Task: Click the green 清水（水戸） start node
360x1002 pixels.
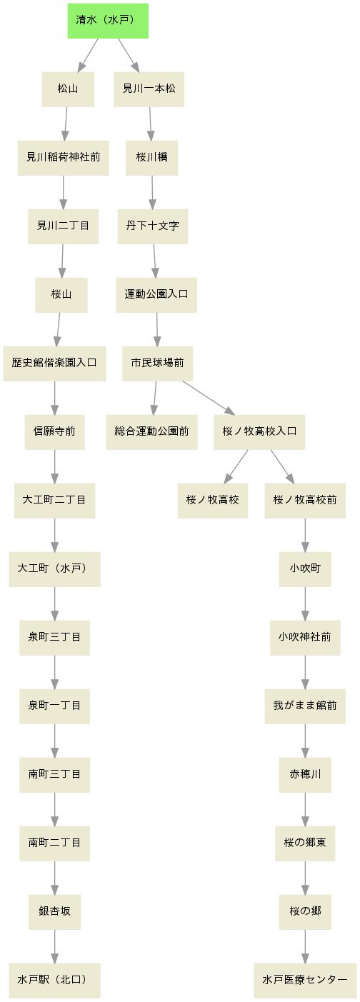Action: coord(108,21)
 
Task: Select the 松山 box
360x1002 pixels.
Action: coord(68,89)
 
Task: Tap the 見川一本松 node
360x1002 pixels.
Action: coord(149,89)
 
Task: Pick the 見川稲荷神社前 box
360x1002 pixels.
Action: coord(63,157)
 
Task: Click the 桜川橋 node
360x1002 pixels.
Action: coord(151,157)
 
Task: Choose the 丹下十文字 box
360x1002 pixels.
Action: coord(152,226)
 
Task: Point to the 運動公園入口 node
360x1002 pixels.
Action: coord(156,295)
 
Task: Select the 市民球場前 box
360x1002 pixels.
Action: coord(157,364)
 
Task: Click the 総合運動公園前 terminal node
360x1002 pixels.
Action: coord(151,431)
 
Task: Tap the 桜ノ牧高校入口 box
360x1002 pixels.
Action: coord(259,431)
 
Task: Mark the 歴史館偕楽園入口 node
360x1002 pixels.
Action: coord(54,364)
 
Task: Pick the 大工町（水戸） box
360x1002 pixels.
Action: coord(54,569)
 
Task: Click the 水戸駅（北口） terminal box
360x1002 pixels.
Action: coord(54,980)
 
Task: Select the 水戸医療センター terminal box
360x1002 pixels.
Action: coord(305,980)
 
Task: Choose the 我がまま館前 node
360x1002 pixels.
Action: coord(305,706)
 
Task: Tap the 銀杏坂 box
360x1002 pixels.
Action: coord(54,911)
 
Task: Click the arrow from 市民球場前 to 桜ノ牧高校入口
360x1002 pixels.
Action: coord(209,398)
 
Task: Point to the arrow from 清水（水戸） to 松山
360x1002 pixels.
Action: coord(88,55)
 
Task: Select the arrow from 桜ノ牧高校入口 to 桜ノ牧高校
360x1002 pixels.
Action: coord(236,466)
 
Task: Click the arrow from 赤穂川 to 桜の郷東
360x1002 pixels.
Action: coord(305,809)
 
